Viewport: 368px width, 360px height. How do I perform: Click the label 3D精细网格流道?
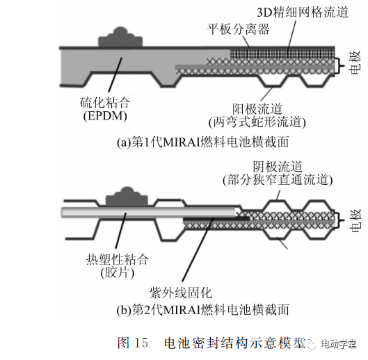pyautogui.click(x=303, y=13)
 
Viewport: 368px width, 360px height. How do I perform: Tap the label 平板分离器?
pyautogui.click(x=238, y=29)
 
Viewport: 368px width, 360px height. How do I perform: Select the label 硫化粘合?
pyautogui.click(x=105, y=102)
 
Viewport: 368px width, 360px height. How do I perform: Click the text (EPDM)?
pyautogui.click(x=105, y=115)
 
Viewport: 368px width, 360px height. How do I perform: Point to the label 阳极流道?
pyautogui.click(x=257, y=108)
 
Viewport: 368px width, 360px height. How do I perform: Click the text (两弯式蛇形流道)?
pyautogui.click(x=257, y=122)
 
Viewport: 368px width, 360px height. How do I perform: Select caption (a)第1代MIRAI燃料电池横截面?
pyautogui.click(x=202, y=142)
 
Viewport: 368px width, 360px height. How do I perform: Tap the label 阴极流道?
pyautogui.click(x=278, y=167)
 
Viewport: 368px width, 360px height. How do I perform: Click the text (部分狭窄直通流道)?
pyautogui.click(x=278, y=180)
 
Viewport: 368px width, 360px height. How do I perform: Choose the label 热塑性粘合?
pyautogui.click(x=118, y=259)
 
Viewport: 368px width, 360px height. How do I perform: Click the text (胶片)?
pyautogui.click(x=118, y=272)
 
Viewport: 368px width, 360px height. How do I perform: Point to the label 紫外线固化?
pyautogui.click(x=181, y=293)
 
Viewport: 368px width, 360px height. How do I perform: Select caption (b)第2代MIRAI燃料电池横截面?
pyautogui.click(x=202, y=309)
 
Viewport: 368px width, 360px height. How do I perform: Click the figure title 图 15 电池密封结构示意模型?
pyautogui.click(x=211, y=343)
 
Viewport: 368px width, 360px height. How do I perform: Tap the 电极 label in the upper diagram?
pyautogui.click(x=355, y=63)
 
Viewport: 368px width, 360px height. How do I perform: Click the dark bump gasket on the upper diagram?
pyautogui.click(x=120, y=38)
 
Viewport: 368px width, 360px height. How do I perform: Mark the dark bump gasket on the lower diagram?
pyautogui.click(x=127, y=197)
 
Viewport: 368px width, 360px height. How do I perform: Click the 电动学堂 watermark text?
pyautogui.click(x=339, y=344)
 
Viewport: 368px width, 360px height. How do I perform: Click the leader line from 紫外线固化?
pyautogui.click(x=198, y=249)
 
